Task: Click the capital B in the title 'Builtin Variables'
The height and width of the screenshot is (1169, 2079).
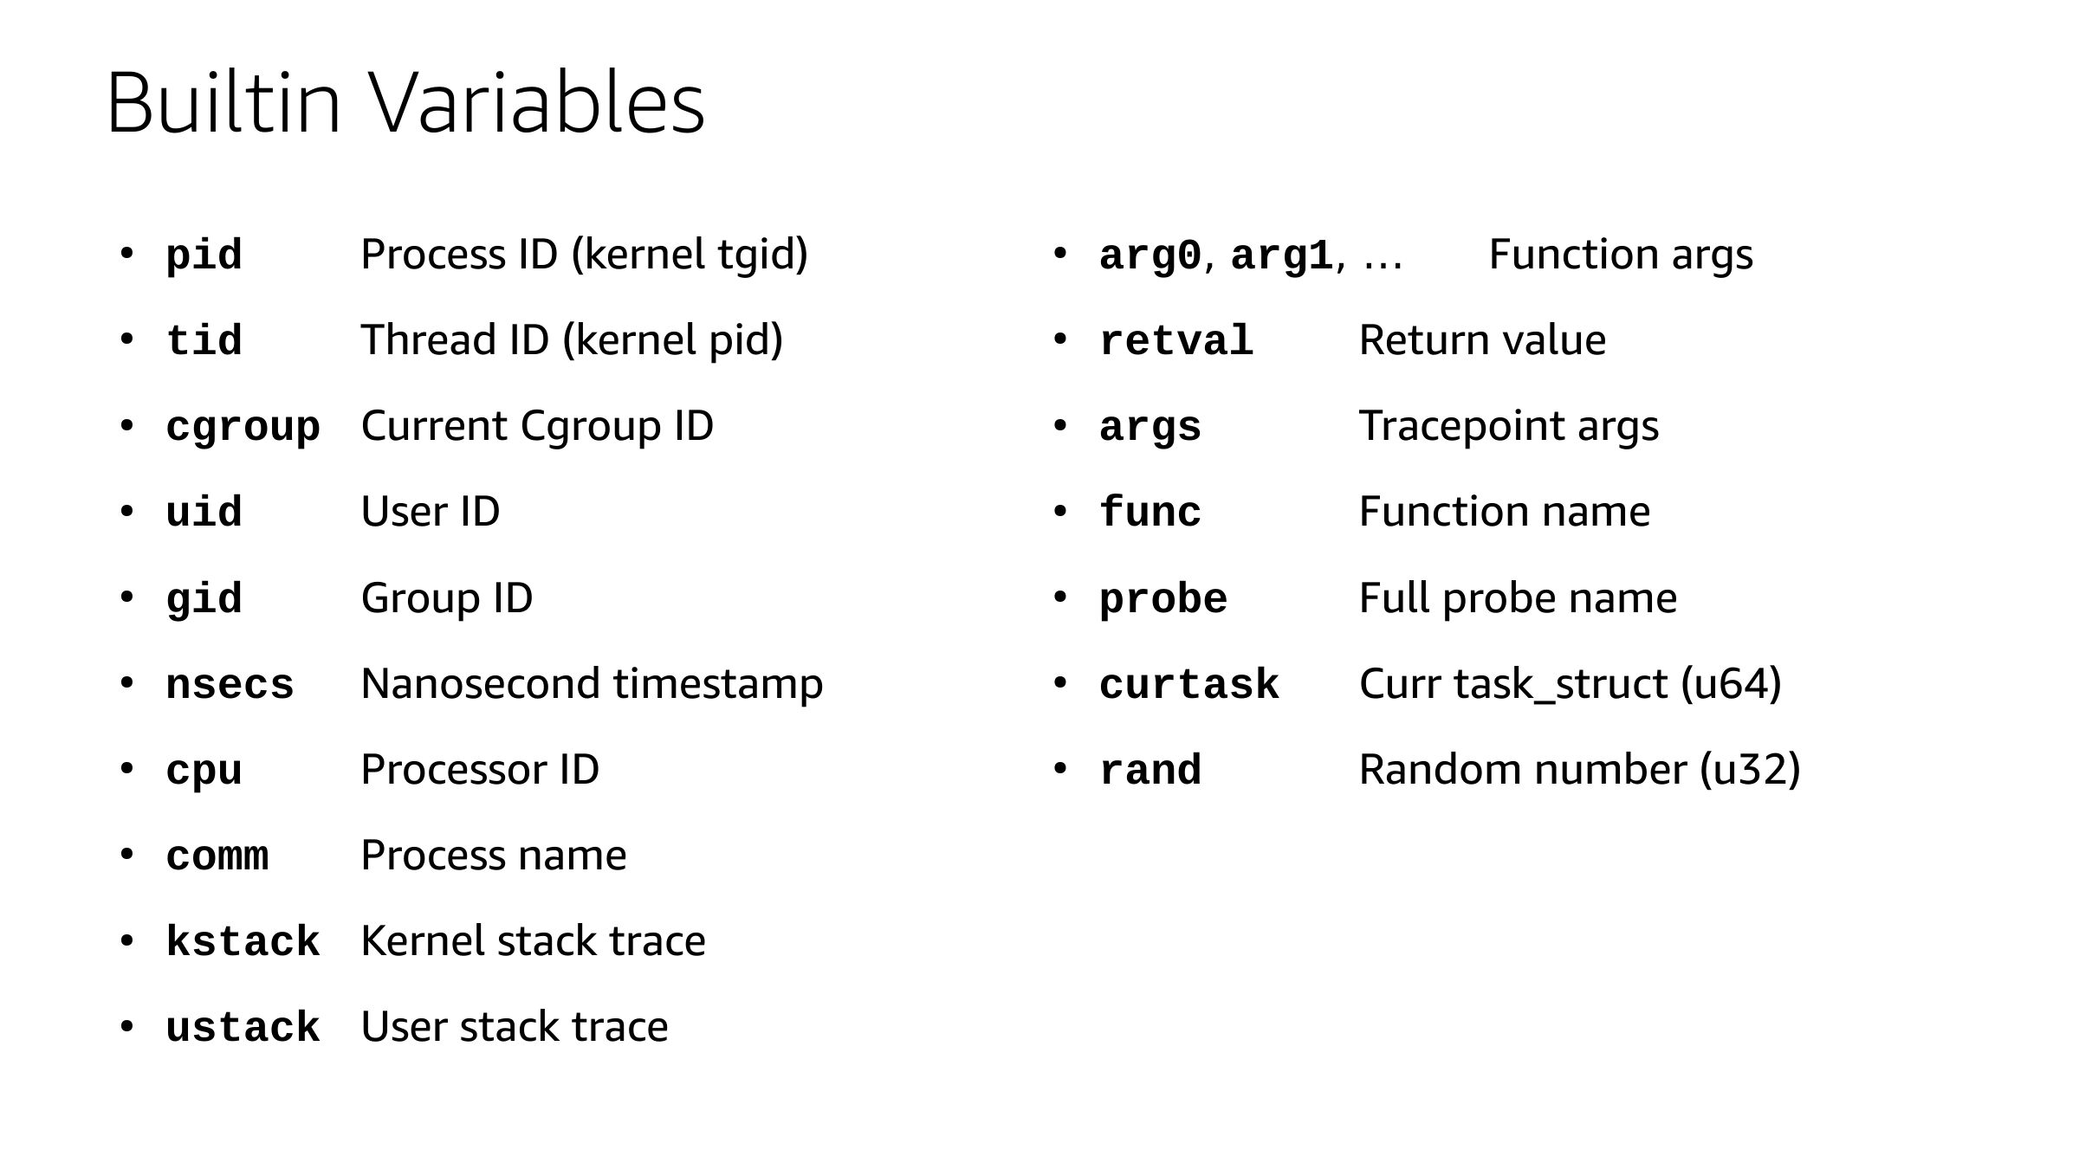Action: tap(131, 103)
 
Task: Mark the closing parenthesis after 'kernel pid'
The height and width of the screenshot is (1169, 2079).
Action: tap(776, 340)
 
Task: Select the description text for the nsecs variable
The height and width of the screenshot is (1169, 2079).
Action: tap(592, 684)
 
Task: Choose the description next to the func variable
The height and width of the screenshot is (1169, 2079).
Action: tap(1505, 512)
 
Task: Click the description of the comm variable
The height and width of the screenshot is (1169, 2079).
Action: tap(494, 856)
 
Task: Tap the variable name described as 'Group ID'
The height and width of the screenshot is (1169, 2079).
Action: tap(204, 599)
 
